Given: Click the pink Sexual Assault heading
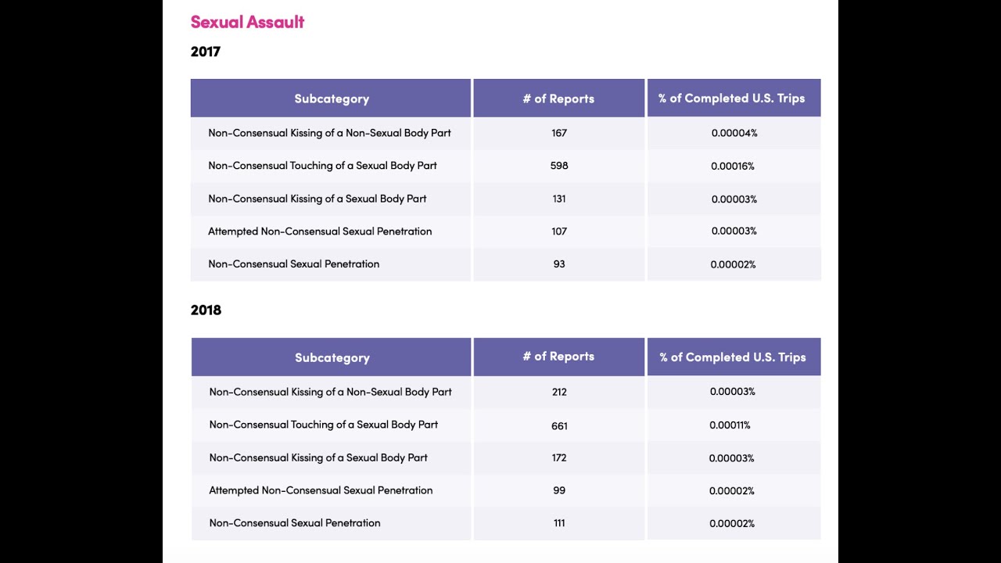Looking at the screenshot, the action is tap(247, 22).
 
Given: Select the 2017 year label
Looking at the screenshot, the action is tap(206, 52).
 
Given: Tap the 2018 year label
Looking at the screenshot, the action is tap(206, 310).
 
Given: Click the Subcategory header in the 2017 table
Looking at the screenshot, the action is tap(332, 99).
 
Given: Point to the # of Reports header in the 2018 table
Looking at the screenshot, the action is tap(558, 357).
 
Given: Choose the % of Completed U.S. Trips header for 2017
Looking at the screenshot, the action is tap(731, 99).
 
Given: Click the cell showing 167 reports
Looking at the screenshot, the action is tap(559, 133).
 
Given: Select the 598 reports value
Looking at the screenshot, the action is tap(559, 166).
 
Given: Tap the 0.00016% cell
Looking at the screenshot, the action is tap(733, 167).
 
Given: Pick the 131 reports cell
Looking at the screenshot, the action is tap(559, 199).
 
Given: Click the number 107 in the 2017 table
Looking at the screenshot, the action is tap(559, 231).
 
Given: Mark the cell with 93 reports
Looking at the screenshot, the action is tap(559, 264).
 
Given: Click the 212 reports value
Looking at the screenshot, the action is tap(559, 392).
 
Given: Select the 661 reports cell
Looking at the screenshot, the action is tap(559, 426).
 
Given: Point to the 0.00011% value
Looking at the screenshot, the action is tap(730, 425).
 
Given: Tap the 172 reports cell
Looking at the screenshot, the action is tap(559, 457).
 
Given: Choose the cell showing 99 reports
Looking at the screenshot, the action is tap(559, 490).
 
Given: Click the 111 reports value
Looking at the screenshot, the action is tap(559, 523).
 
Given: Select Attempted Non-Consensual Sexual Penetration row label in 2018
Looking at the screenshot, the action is tap(321, 490).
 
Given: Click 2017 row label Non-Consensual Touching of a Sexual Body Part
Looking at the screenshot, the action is tap(322, 166).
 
